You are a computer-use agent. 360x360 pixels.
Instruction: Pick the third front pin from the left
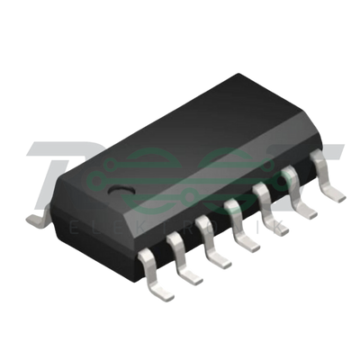(x=217, y=252)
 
